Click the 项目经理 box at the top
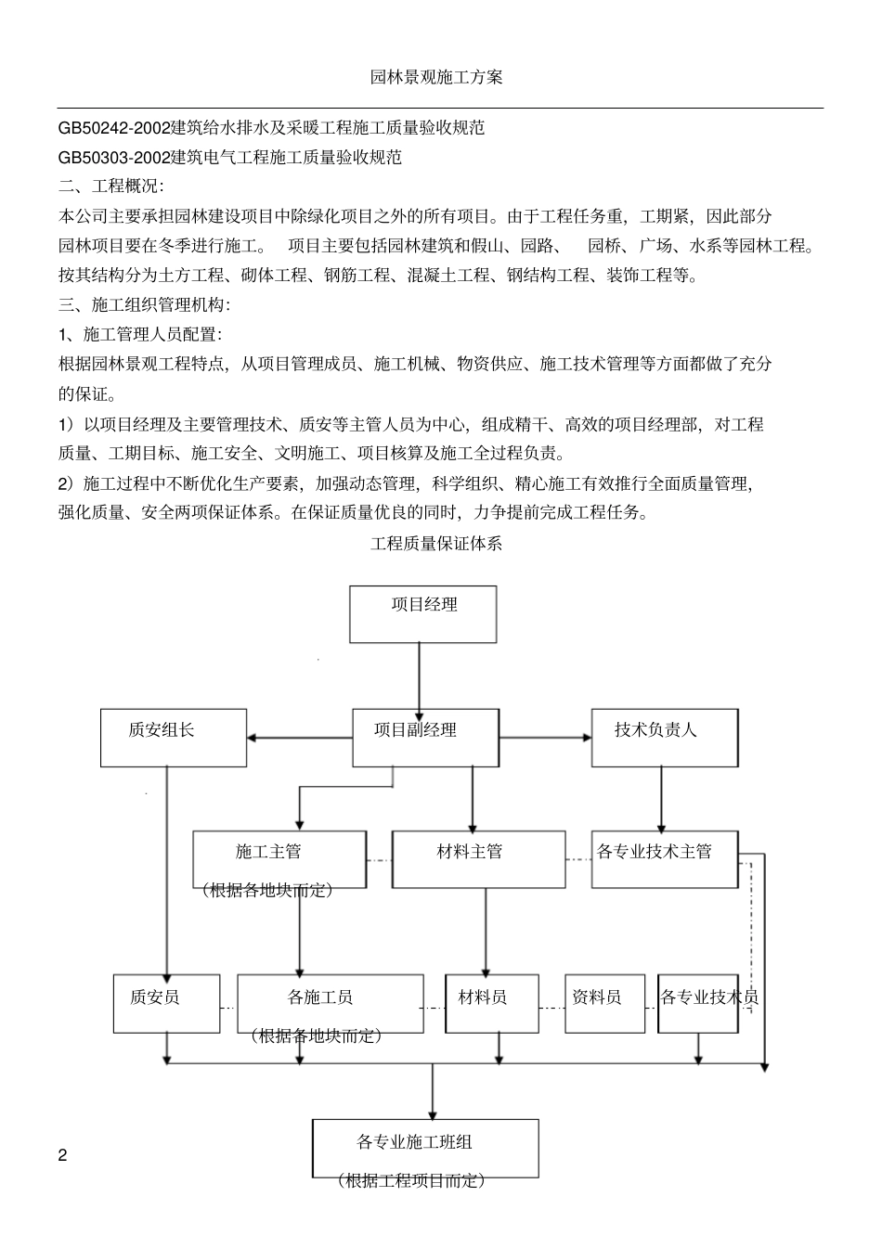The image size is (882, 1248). pyautogui.click(x=422, y=613)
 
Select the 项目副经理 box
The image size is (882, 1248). pyautogui.click(x=425, y=738)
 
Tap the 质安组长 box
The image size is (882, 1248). pyautogui.click(x=174, y=738)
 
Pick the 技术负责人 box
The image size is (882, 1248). pyautogui.click(x=665, y=738)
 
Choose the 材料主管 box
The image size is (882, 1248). pyautogui.click(x=478, y=858)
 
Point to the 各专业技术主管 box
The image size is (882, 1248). pyautogui.click(x=665, y=858)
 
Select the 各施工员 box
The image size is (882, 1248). pyautogui.click(x=330, y=1003)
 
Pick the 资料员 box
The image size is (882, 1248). pyautogui.click(x=604, y=1003)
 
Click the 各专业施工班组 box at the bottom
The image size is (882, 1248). pyautogui.click(x=425, y=1149)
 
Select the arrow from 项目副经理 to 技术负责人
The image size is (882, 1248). pyautogui.click(x=545, y=738)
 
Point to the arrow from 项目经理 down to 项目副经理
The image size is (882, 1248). pyautogui.click(x=419, y=675)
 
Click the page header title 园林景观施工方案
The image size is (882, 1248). pyautogui.click(x=436, y=77)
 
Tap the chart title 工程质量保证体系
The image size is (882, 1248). pyautogui.click(x=436, y=544)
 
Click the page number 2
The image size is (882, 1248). pyautogui.click(x=63, y=1155)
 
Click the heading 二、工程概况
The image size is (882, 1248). pyautogui.click(x=110, y=187)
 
